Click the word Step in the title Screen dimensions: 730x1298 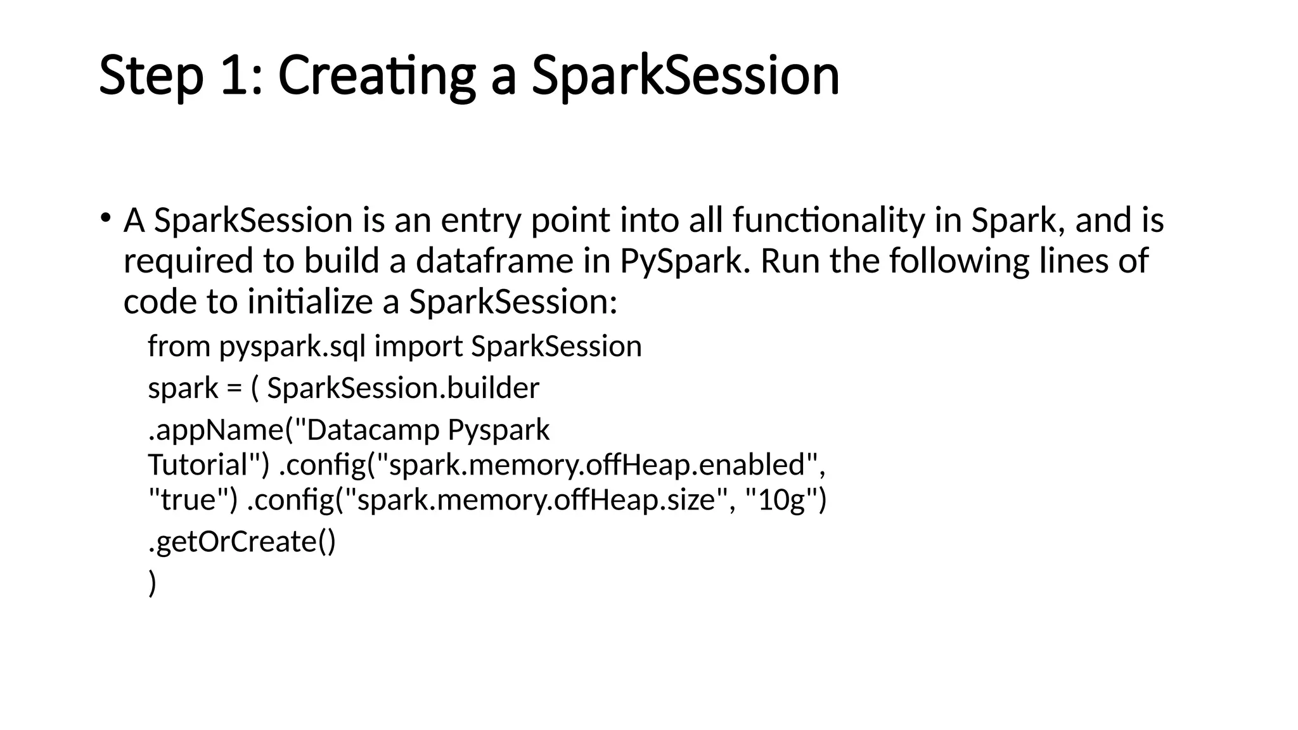coord(151,76)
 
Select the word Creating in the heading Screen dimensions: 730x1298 coord(376,76)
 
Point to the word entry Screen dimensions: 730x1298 coord(481,221)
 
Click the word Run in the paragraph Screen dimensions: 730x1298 coord(790,261)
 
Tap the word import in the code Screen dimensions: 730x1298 coord(418,347)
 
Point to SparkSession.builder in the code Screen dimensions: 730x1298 coord(403,388)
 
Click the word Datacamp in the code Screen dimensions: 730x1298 coord(373,430)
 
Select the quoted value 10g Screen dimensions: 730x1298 coord(781,500)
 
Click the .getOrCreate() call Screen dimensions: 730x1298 coord(242,542)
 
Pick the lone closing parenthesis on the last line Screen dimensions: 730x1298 coord(152,583)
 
